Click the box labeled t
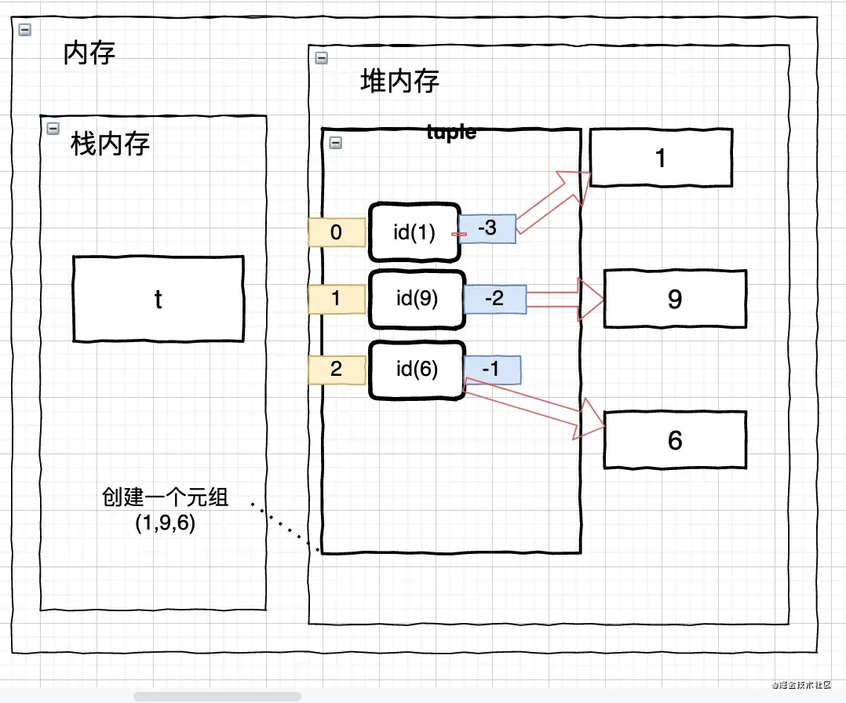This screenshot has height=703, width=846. point(158,297)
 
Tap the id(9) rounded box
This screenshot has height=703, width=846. point(417,299)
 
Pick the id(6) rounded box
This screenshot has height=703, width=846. point(417,369)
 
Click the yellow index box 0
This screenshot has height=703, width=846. point(337,232)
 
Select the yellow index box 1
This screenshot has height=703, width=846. point(337,299)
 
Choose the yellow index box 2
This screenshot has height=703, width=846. point(337,370)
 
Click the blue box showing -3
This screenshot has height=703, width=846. point(487,228)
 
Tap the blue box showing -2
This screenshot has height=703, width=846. point(494,299)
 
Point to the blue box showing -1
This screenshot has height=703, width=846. point(490,368)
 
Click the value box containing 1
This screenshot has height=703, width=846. point(660,158)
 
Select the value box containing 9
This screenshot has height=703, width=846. point(675,299)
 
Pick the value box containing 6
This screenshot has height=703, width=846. point(675,440)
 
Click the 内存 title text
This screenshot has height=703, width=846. point(89,53)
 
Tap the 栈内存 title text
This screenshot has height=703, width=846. point(110,144)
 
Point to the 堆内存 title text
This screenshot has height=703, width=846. point(399,81)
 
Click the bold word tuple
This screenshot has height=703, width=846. point(451,133)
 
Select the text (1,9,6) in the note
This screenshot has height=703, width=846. point(165,522)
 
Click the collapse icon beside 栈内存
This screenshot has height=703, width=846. point(53,128)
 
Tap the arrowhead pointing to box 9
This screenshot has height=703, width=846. point(591,299)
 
